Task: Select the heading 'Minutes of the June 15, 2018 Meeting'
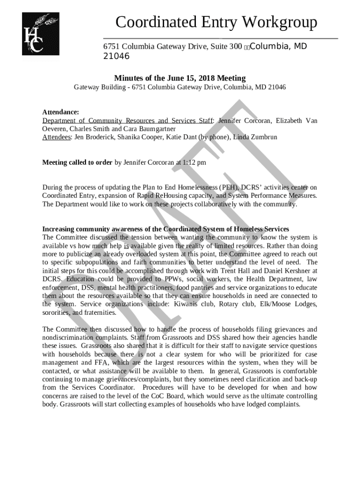[x=180, y=78]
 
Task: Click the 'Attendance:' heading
[x=61, y=112]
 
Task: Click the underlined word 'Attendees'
[x=56, y=137]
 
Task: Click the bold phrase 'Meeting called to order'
[x=77, y=163]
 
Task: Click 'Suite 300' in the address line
[x=225, y=47]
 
